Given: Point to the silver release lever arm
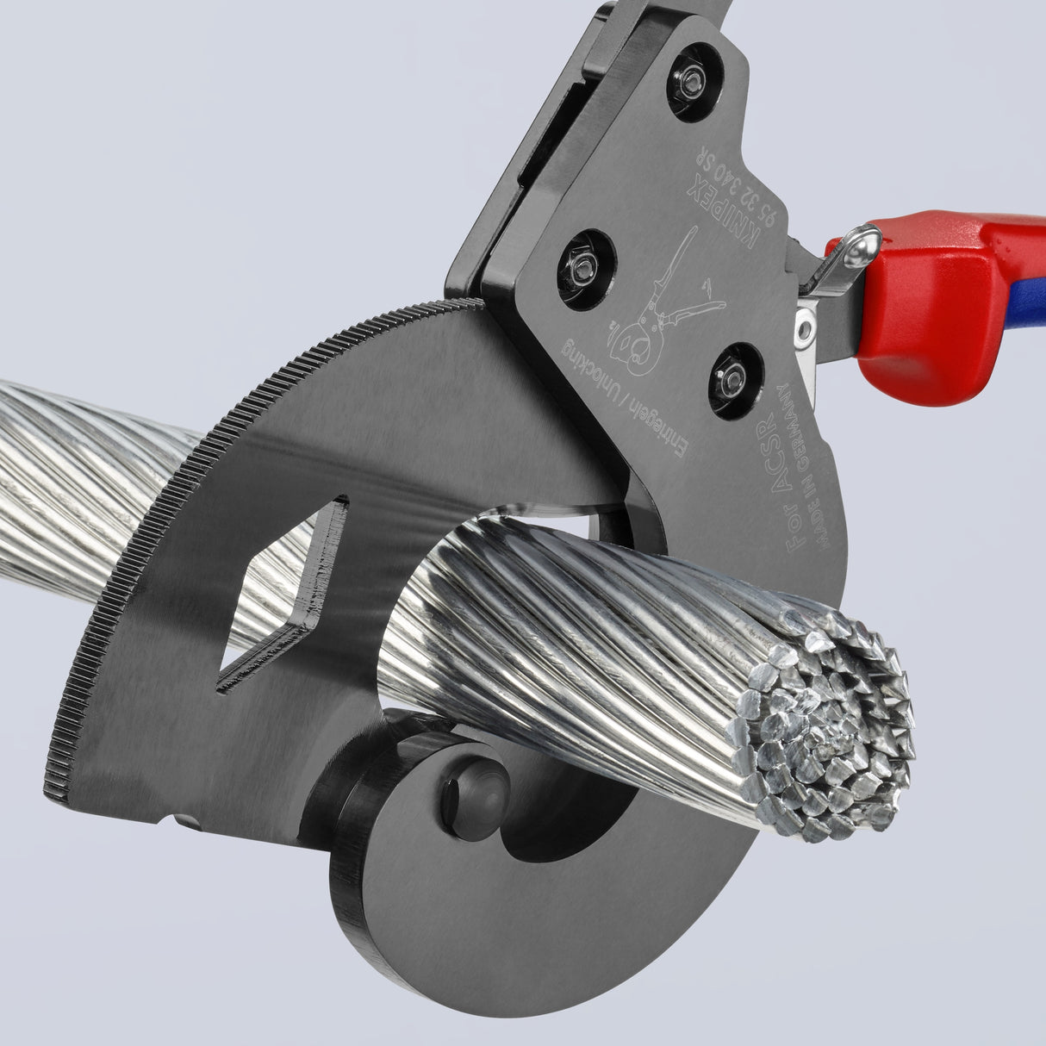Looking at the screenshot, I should pyautogui.click(x=833, y=276).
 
